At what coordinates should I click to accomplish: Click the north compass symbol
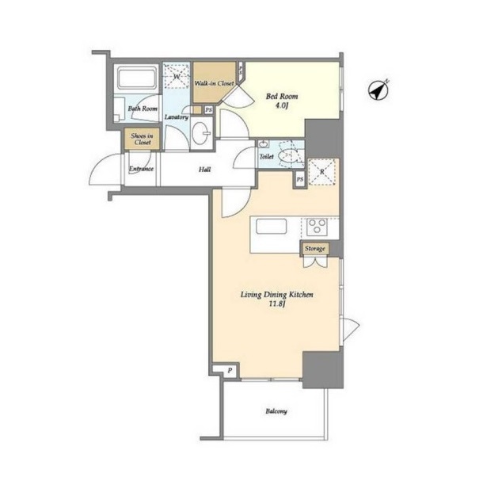(x=378, y=90)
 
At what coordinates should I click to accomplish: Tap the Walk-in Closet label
(x=214, y=83)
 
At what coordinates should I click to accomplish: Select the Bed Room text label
(x=282, y=96)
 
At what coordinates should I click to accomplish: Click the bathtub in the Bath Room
(x=137, y=78)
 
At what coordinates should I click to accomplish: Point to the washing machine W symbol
(x=176, y=76)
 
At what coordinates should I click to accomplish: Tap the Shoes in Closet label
(x=143, y=139)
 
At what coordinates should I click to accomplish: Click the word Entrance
(x=141, y=169)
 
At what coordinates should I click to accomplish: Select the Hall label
(x=205, y=170)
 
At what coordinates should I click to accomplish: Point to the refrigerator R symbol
(x=322, y=172)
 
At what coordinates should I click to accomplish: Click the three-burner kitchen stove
(x=317, y=227)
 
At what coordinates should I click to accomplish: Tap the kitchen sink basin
(x=271, y=227)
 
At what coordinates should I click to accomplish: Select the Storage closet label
(x=315, y=248)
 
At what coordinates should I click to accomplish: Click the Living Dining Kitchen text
(x=277, y=295)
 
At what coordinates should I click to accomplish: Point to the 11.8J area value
(x=276, y=304)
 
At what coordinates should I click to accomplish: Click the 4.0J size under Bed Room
(x=282, y=105)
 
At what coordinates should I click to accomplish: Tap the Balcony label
(x=276, y=411)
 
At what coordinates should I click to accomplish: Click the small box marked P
(x=229, y=371)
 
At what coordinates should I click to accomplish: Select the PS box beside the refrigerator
(x=300, y=179)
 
